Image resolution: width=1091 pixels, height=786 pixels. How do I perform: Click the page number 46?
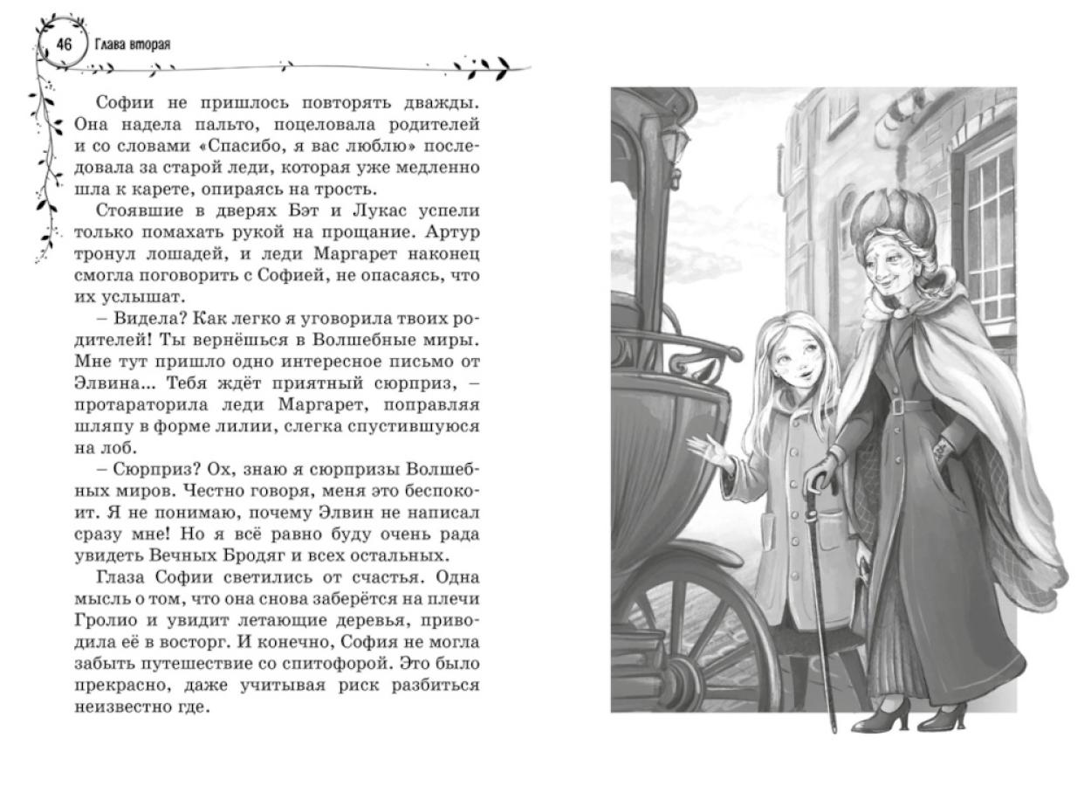63,45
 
